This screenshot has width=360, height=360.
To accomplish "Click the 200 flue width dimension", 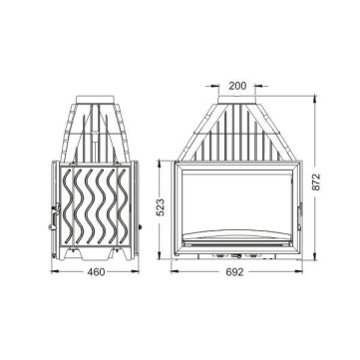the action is click(237, 86).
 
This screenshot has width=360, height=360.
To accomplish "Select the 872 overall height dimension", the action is click(316, 181).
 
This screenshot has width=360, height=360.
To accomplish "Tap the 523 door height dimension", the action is click(161, 207).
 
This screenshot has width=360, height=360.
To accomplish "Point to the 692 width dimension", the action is click(234, 272).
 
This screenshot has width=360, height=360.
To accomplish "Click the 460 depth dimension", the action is click(96, 272).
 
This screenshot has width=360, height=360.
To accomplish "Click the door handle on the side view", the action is click(54, 216).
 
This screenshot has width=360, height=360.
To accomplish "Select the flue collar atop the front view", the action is click(236, 100).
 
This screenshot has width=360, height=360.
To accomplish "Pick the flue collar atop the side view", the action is click(95, 100).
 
